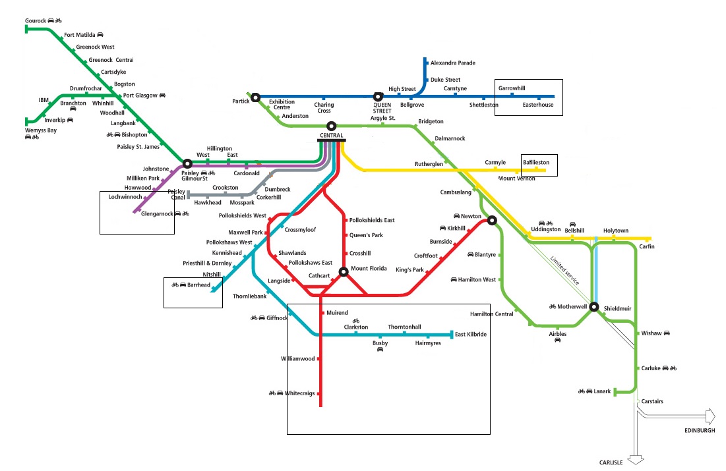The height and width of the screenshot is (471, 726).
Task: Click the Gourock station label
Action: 36,21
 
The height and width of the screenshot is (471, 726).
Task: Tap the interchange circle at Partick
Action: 256,97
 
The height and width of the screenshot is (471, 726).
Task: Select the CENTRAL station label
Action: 332,136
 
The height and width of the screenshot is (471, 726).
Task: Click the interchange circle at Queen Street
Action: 378,97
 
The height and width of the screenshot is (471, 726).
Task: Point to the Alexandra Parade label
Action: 453,63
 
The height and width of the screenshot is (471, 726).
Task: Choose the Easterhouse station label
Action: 538,105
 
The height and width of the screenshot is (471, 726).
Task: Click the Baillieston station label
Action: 536,163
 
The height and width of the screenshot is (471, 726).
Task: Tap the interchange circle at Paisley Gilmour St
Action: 187,164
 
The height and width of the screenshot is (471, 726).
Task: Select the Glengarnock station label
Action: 157,213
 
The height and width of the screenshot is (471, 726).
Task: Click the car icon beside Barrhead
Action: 183,285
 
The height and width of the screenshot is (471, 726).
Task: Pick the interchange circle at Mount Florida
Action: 344,272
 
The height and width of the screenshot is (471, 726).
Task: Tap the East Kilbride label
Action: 471,335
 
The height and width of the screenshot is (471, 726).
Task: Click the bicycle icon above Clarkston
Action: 356,321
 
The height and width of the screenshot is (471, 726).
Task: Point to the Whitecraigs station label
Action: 299,393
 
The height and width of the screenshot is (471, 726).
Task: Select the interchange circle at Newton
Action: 492,221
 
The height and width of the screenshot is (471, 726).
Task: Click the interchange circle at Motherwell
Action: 594,307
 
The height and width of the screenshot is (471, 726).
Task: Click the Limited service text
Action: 565,270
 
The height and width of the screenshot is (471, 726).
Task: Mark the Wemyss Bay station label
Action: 41,130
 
